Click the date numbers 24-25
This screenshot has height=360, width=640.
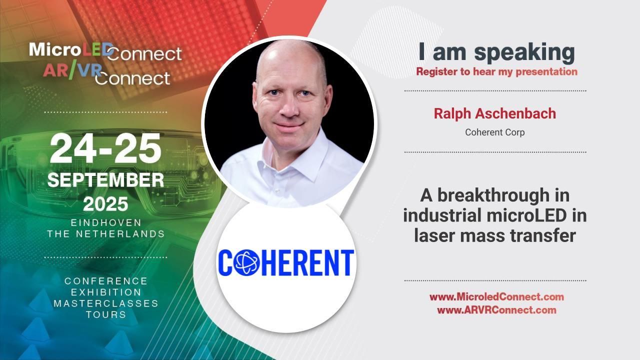[105, 149]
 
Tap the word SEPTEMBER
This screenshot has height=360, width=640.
[105, 180]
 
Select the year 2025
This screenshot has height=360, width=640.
[105, 204]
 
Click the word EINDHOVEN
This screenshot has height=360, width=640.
[106, 222]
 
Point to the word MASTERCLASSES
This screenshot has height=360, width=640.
[106, 303]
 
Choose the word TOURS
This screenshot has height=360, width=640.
[106, 315]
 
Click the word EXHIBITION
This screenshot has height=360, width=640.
[106, 292]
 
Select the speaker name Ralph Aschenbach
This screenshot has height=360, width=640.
[494, 113]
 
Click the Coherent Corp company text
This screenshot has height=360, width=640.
[494, 132]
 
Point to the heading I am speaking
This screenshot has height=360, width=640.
[496, 52]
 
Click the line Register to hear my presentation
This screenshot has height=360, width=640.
[496, 71]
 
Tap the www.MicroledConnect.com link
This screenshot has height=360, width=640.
[496, 297]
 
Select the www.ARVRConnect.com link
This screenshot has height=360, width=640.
[496, 310]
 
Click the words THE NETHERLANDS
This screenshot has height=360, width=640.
[106, 233]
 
